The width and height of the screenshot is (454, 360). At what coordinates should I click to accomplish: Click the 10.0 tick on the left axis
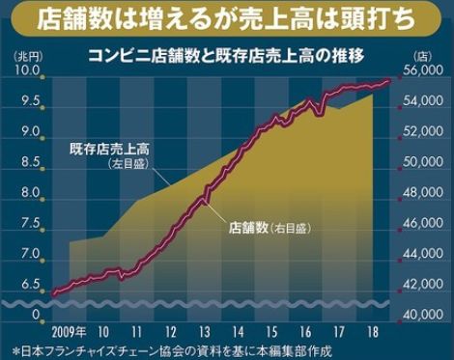click(27, 71)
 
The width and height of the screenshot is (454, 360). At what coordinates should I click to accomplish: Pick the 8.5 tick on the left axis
click(27, 162)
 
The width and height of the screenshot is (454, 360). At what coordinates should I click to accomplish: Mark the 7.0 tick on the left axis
click(27, 254)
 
